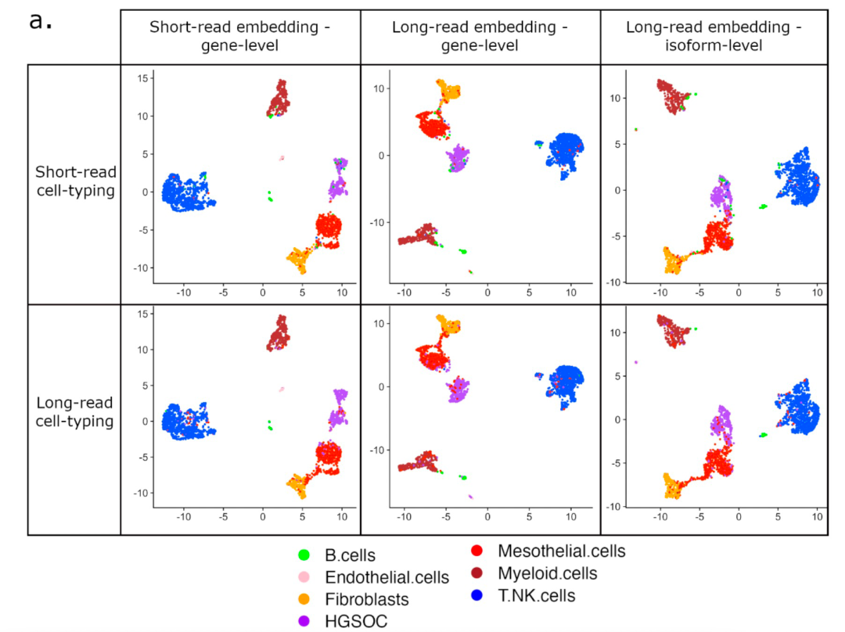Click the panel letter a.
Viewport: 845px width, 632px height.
41,21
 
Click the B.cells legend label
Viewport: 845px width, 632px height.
351,556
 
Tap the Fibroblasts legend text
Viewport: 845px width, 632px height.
366,600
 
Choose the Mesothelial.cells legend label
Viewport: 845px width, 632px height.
562,551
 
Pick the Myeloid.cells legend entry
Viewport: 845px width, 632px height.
547,573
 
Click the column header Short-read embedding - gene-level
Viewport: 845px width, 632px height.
240,36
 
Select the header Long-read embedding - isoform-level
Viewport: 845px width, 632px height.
714,36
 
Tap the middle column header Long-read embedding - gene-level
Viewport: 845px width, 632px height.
480,36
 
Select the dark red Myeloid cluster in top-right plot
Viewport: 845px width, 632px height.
673,98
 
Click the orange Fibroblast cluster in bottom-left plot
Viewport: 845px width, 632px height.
297,486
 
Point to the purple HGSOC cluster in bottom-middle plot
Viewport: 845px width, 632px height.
458,389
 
